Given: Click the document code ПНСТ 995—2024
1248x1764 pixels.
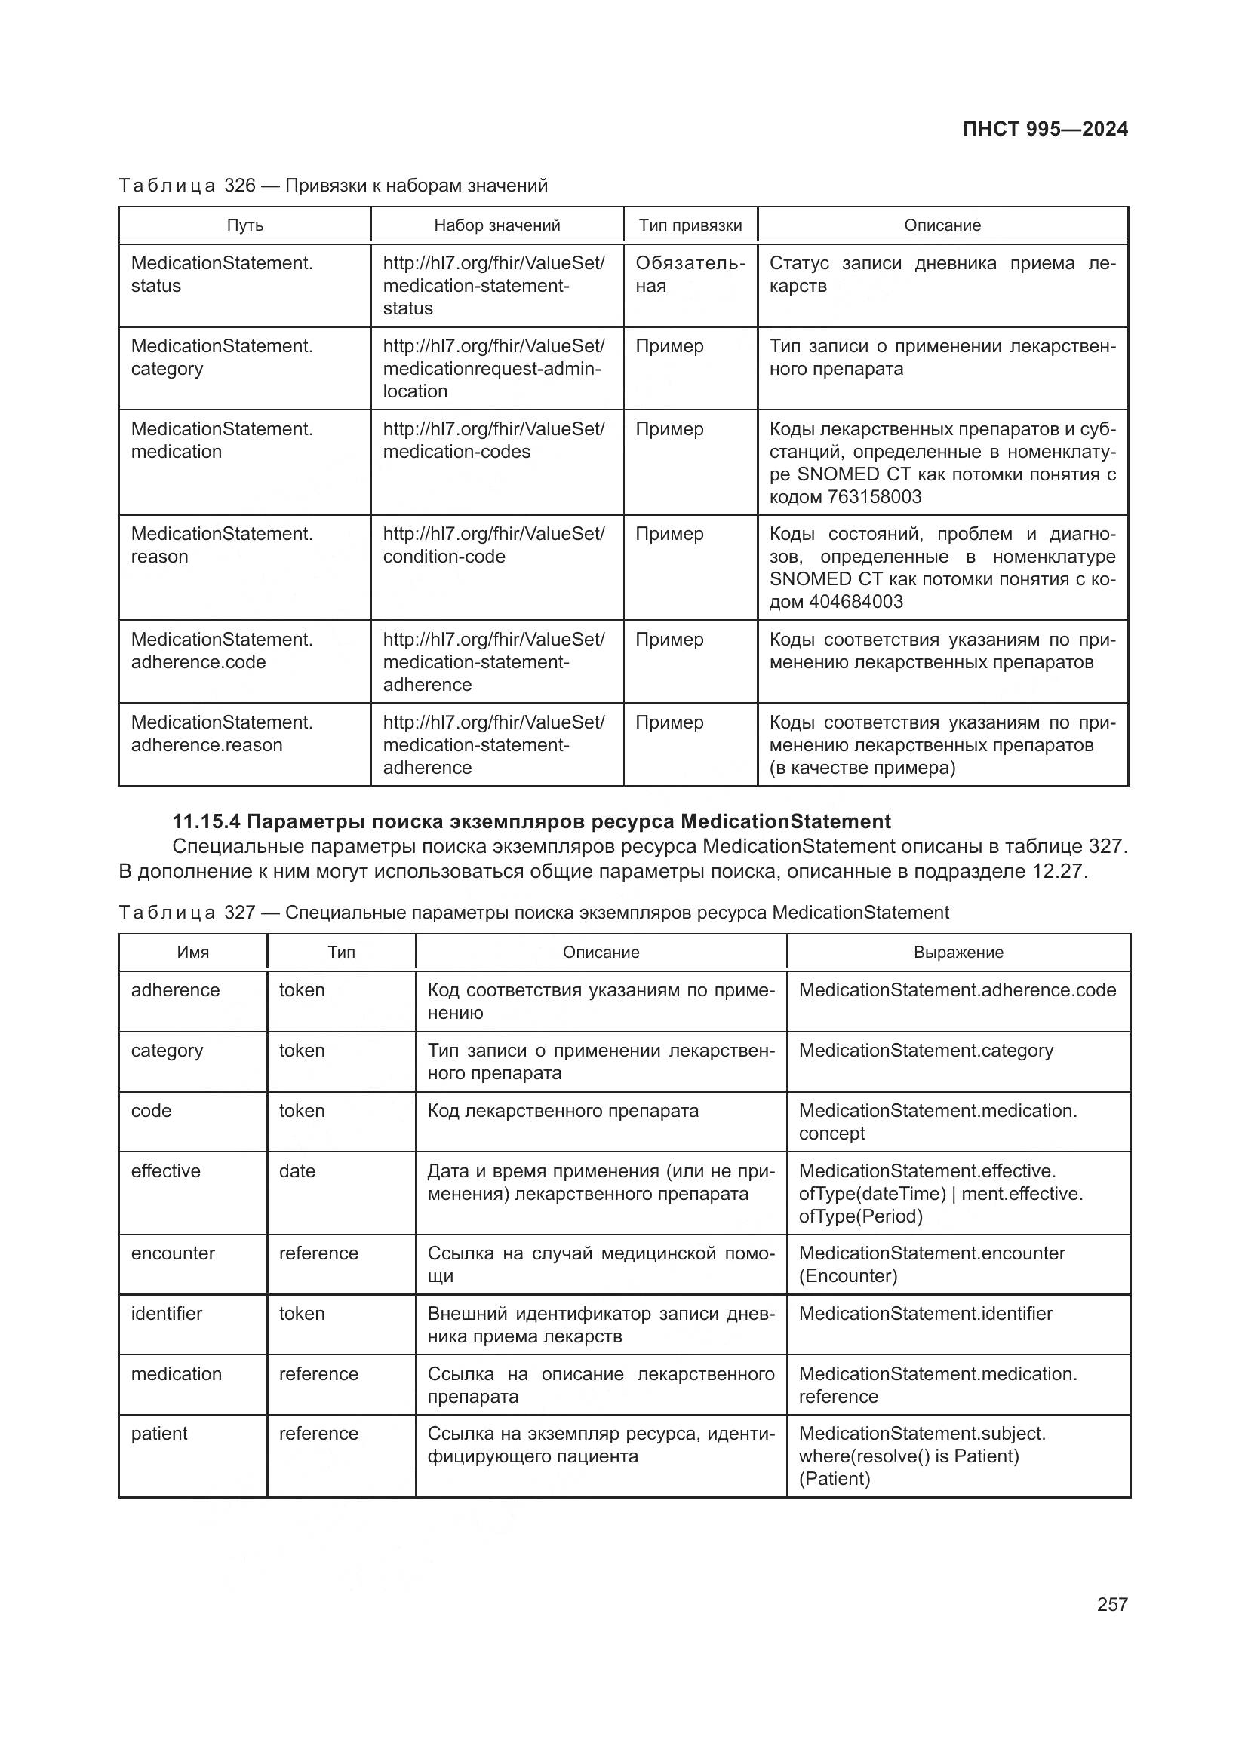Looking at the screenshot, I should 1044,129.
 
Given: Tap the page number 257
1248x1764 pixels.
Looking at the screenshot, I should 1111,1604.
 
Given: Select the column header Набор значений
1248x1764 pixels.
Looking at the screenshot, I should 496,225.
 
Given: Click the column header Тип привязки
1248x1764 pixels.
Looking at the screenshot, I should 690,225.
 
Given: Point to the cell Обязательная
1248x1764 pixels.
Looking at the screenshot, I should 690,275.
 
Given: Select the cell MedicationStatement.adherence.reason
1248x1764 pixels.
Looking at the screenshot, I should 221,734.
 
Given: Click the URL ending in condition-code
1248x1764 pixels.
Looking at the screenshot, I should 493,545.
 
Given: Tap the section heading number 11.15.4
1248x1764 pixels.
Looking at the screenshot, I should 206,821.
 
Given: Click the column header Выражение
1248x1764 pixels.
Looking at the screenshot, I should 958,952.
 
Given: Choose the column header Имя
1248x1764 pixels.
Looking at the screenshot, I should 193,952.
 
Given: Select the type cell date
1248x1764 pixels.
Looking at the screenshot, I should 297,1171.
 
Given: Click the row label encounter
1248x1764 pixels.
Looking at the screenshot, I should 173,1253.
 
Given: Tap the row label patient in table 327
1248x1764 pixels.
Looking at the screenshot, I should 159,1433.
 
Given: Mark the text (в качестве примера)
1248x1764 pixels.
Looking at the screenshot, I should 862,768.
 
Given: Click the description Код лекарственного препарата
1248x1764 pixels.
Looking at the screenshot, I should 563,1111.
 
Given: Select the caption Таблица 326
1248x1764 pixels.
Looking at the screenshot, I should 186,186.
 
